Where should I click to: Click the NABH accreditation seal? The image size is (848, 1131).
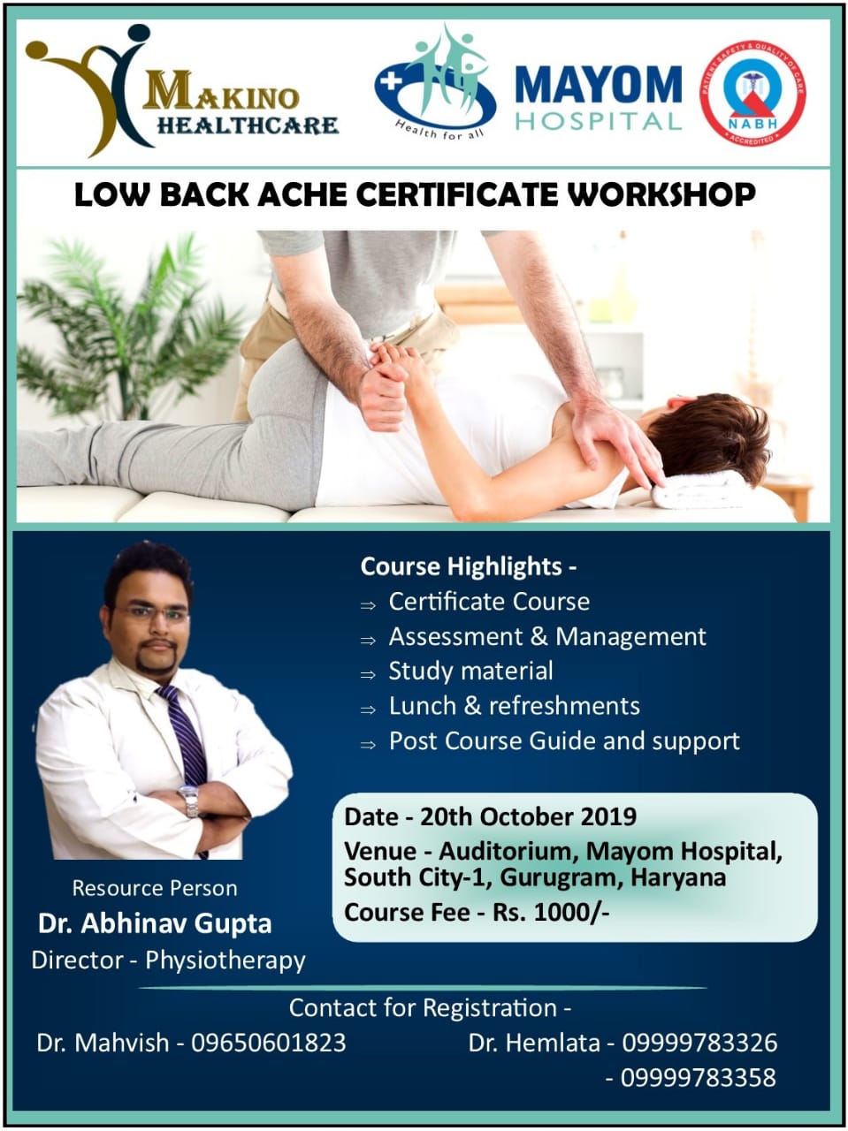point(753,94)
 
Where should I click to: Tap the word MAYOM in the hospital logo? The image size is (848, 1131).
point(598,85)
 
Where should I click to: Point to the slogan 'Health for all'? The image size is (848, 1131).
point(439,129)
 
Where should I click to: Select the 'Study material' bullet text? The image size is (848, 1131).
point(470,671)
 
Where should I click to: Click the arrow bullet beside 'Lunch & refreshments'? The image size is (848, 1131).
point(368,710)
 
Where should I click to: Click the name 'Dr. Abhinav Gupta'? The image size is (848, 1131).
point(155,923)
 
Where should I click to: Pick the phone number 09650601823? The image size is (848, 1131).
point(269,1043)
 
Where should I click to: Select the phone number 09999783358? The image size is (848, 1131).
point(699,1078)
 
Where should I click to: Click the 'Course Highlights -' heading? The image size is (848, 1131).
point(468,566)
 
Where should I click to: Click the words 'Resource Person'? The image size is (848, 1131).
point(155,888)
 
